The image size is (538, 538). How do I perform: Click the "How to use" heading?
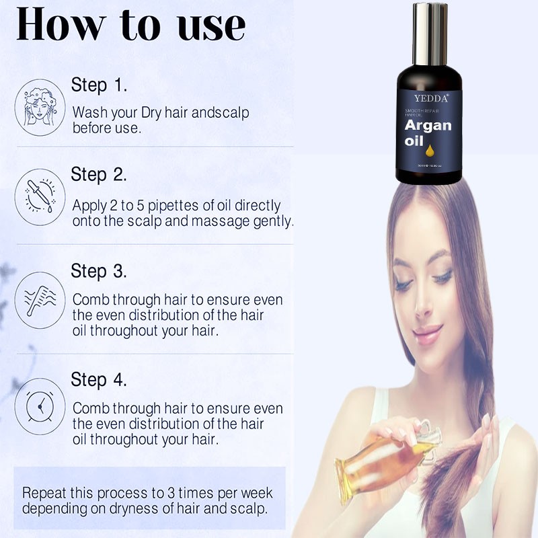click(130, 25)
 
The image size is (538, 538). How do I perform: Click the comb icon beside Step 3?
click(40, 300)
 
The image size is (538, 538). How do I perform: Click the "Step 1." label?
click(99, 85)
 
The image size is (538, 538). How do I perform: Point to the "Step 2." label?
click(99, 175)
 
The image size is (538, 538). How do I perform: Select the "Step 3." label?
click(99, 271)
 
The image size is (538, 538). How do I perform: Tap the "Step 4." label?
click(99, 379)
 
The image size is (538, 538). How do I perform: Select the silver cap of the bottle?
click(430, 34)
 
